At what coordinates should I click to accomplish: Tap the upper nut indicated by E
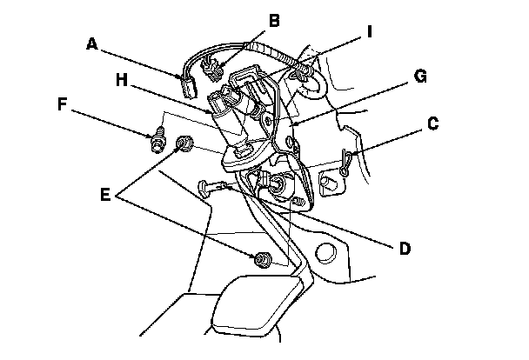(x=184, y=143)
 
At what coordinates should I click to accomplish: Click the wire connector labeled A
(x=186, y=88)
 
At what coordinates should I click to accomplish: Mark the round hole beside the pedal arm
(x=324, y=254)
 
